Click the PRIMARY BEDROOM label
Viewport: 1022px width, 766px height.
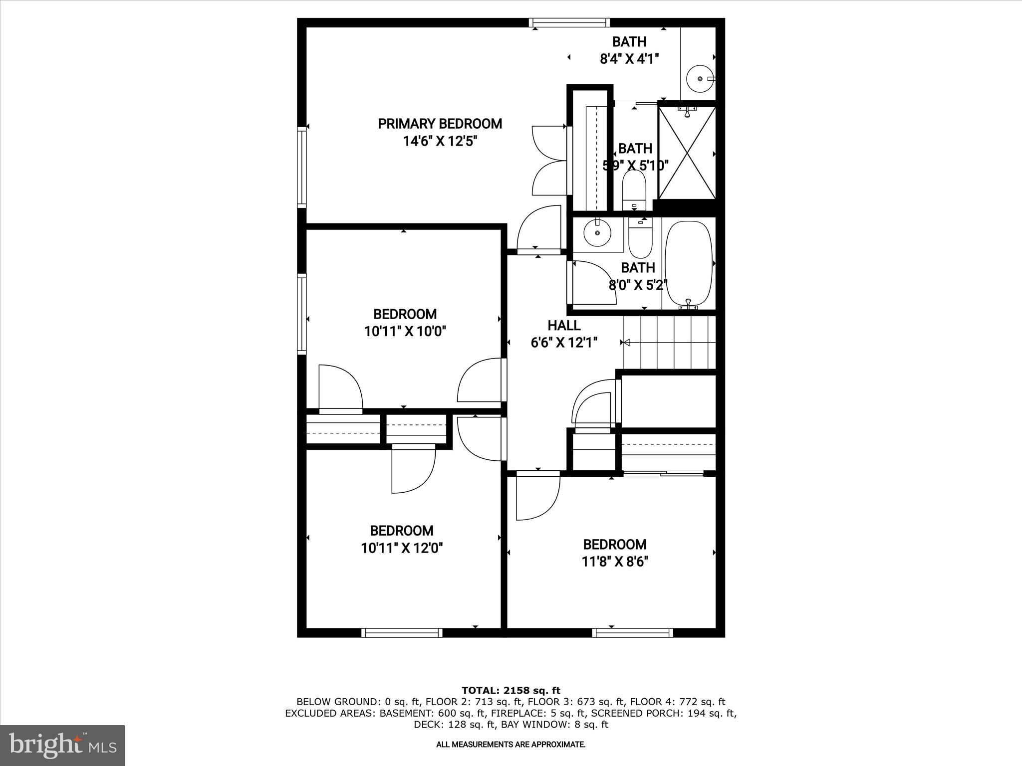pyautogui.click(x=440, y=124)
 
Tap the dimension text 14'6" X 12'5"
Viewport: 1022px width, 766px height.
pyautogui.click(x=440, y=142)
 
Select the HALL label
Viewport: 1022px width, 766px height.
pyautogui.click(x=564, y=325)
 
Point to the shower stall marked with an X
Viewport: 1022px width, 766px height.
pyautogui.click(x=687, y=153)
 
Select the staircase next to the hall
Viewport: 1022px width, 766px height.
pyautogui.click(x=669, y=343)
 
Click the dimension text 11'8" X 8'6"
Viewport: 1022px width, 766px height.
pyautogui.click(x=615, y=562)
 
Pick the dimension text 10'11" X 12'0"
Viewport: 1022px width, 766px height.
pyautogui.click(x=402, y=549)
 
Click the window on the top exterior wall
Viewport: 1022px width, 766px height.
pyautogui.click(x=569, y=22)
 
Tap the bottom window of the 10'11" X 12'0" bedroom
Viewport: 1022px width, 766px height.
pyautogui.click(x=402, y=633)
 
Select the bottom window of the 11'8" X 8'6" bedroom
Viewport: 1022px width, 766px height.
pyautogui.click(x=632, y=633)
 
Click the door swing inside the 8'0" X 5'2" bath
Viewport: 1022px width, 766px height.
pyautogui.click(x=591, y=283)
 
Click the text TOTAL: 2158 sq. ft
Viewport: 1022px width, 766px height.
pyautogui.click(x=511, y=691)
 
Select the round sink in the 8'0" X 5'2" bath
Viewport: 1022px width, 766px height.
pyautogui.click(x=597, y=233)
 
